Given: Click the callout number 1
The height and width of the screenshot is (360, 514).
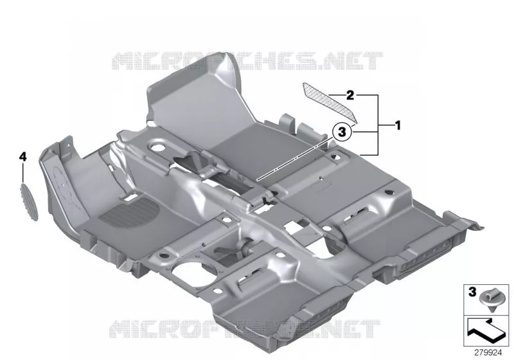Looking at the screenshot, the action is [x=398, y=125].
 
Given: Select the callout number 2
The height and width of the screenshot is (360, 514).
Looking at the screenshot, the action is [x=350, y=95].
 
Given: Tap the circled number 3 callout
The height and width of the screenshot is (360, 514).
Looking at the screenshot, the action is [x=342, y=132].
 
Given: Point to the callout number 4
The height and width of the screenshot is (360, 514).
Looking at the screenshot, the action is [x=22, y=157].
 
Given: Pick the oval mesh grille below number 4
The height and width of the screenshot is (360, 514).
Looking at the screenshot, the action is [x=30, y=203].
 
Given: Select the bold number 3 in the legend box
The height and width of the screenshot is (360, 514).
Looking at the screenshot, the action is [x=472, y=291].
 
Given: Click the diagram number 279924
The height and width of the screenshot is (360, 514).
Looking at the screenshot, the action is [x=488, y=352].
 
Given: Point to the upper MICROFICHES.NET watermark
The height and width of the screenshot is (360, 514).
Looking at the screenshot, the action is [x=247, y=61].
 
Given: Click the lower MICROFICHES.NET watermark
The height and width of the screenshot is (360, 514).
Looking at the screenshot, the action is [x=244, y=329].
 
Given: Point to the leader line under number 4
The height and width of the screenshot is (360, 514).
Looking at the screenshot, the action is [x=23, y=174].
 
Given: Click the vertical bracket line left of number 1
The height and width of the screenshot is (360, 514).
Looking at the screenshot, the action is [x=378, y=125].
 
